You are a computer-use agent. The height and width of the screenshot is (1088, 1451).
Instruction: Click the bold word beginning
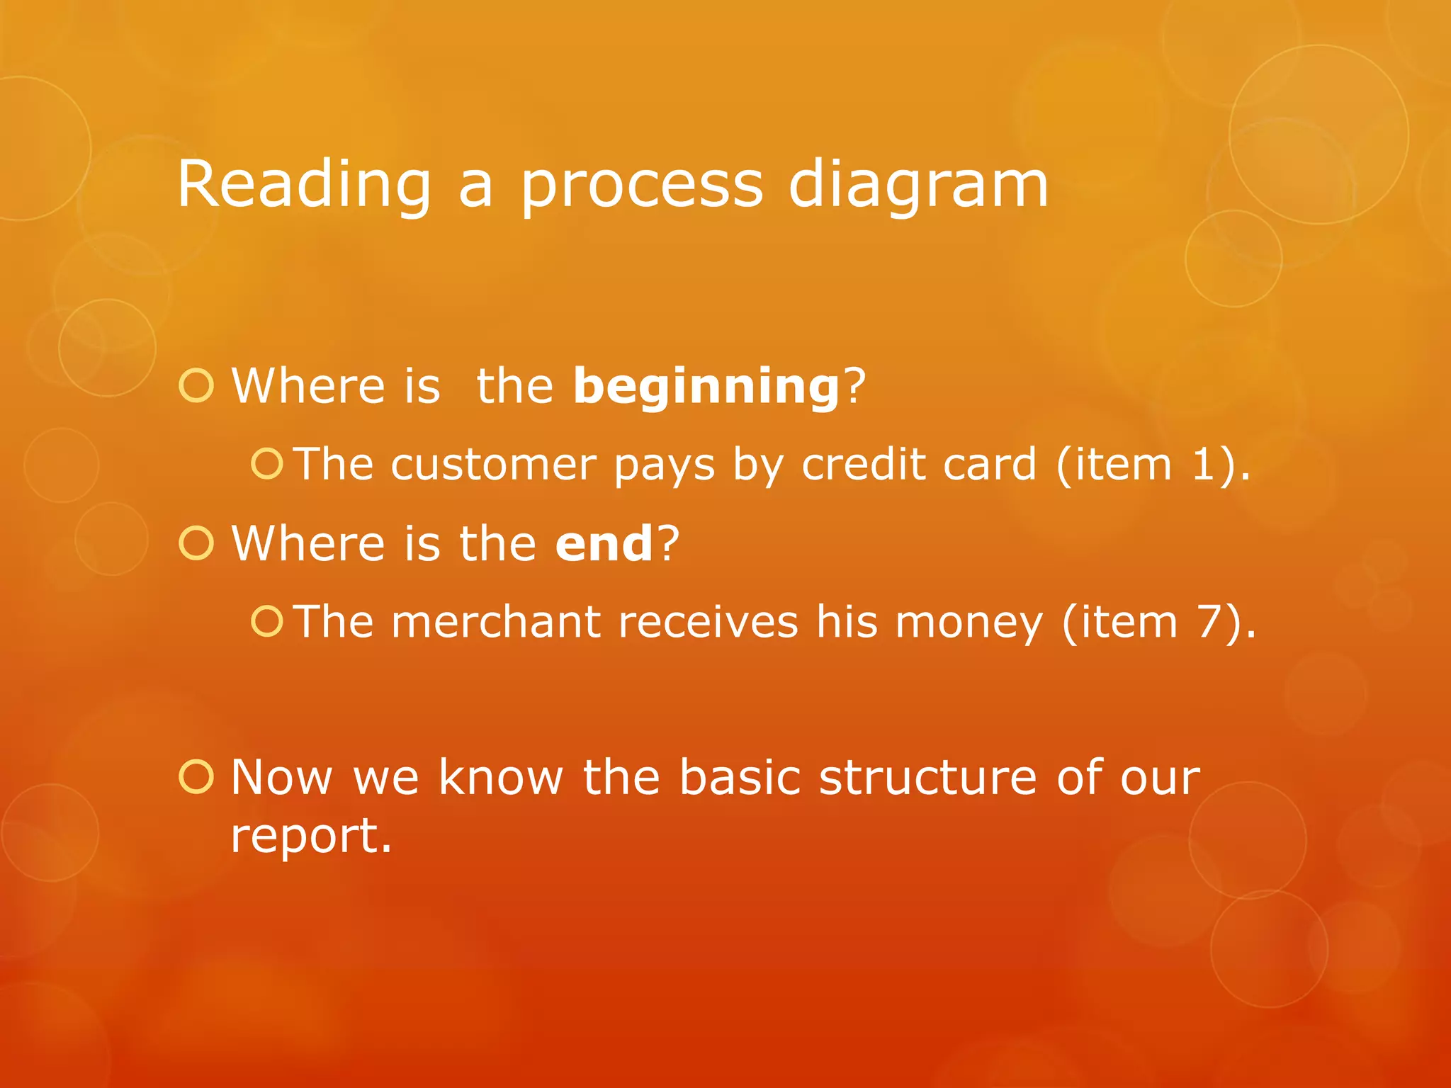(x=706, y=387)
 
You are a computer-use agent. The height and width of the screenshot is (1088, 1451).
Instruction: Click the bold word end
(x=604, y=544)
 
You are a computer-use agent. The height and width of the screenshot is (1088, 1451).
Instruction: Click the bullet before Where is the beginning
(x=196, y=387)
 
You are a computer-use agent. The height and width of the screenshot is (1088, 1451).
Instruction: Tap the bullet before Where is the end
(x=196, y=543)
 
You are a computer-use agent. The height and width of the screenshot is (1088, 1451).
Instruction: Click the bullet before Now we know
(x=196, y=777)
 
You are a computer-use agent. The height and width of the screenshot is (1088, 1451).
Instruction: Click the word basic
(x=740, y=778)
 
